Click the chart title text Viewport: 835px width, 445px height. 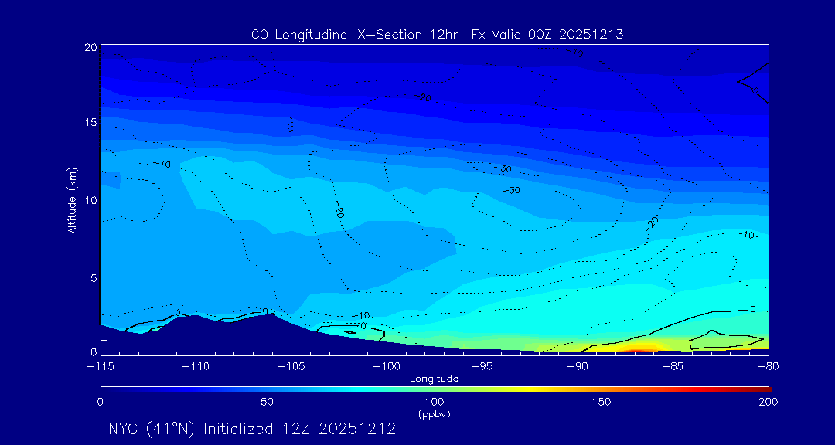tap(437, 34)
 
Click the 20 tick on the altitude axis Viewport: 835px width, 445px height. tap(90, 48)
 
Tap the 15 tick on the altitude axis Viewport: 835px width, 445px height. tap(90, 124)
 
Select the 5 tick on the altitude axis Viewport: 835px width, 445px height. tap(93, 277)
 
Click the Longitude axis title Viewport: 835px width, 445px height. tap(434, 379)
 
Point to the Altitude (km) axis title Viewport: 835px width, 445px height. tap(73, 199)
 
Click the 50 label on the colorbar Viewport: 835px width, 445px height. tap(267, 402)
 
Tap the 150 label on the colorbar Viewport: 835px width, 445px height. tap(601, 402)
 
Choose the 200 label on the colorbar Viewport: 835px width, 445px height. tap(768, 402)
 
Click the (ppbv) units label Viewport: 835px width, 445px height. tap(434, 414)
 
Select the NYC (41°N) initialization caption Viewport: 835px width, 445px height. tap(252, 429)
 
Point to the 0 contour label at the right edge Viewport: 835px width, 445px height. tap(753, 309)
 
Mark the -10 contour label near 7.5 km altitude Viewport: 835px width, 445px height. tap(746, 235)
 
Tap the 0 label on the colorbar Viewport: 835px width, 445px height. tap(101, 402)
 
